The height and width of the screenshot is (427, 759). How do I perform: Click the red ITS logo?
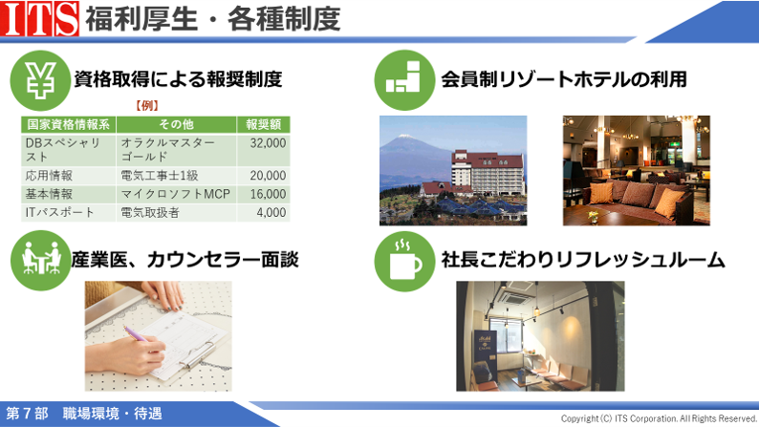39,18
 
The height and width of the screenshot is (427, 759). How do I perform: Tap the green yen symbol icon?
41,80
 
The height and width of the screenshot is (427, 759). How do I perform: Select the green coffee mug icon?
404,261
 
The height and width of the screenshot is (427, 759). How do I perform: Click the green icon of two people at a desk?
41,260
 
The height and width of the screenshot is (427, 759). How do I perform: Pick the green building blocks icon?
404,80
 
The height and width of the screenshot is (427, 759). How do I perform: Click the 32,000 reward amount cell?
263,150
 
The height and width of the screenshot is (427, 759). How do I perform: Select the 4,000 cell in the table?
263,212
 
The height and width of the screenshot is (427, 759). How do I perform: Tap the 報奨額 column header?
263,124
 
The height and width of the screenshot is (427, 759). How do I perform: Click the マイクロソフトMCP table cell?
176,194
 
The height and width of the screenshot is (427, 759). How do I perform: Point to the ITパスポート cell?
68,212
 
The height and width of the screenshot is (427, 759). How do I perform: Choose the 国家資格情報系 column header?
68,124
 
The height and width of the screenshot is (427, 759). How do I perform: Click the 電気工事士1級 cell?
176,176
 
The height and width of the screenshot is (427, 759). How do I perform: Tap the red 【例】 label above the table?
146,105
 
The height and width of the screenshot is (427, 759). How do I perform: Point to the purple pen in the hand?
137,334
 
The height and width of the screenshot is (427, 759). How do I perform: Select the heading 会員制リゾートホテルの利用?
564,80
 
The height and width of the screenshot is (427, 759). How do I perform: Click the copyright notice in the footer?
659,418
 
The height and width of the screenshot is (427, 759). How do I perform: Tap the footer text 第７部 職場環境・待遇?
84,414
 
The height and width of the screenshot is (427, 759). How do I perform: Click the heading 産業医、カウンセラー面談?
184,260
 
